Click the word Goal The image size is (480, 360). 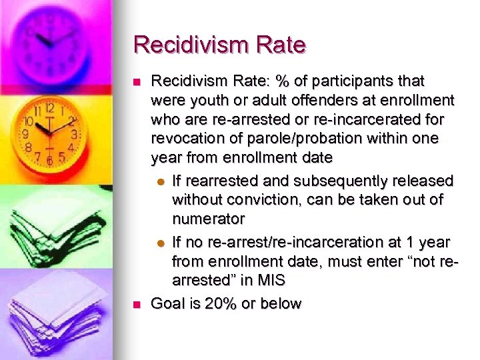[x=167, y=304]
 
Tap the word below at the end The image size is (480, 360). [x=283, y=304]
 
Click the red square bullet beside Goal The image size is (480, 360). [x=137, y=305]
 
